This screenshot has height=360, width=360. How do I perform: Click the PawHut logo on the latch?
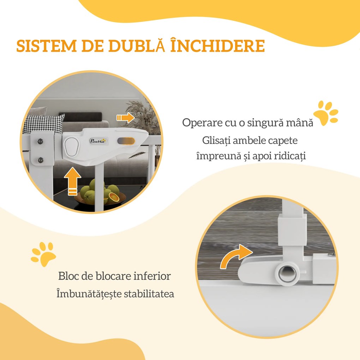98,141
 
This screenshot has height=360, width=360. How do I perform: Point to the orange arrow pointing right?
125,118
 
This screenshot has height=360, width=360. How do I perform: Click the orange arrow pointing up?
73,181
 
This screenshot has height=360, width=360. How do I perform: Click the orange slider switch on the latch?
126,141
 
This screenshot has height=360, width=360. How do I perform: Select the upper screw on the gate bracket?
40,141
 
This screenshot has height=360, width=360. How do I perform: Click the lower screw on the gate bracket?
40,160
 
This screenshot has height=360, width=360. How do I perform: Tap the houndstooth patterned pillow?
44,124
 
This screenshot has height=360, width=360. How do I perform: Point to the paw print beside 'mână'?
326,113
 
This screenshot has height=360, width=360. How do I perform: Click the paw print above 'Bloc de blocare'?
43,254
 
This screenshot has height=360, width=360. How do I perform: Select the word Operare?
202,122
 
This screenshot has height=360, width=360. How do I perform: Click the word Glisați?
216,140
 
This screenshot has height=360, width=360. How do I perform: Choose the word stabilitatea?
149,294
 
